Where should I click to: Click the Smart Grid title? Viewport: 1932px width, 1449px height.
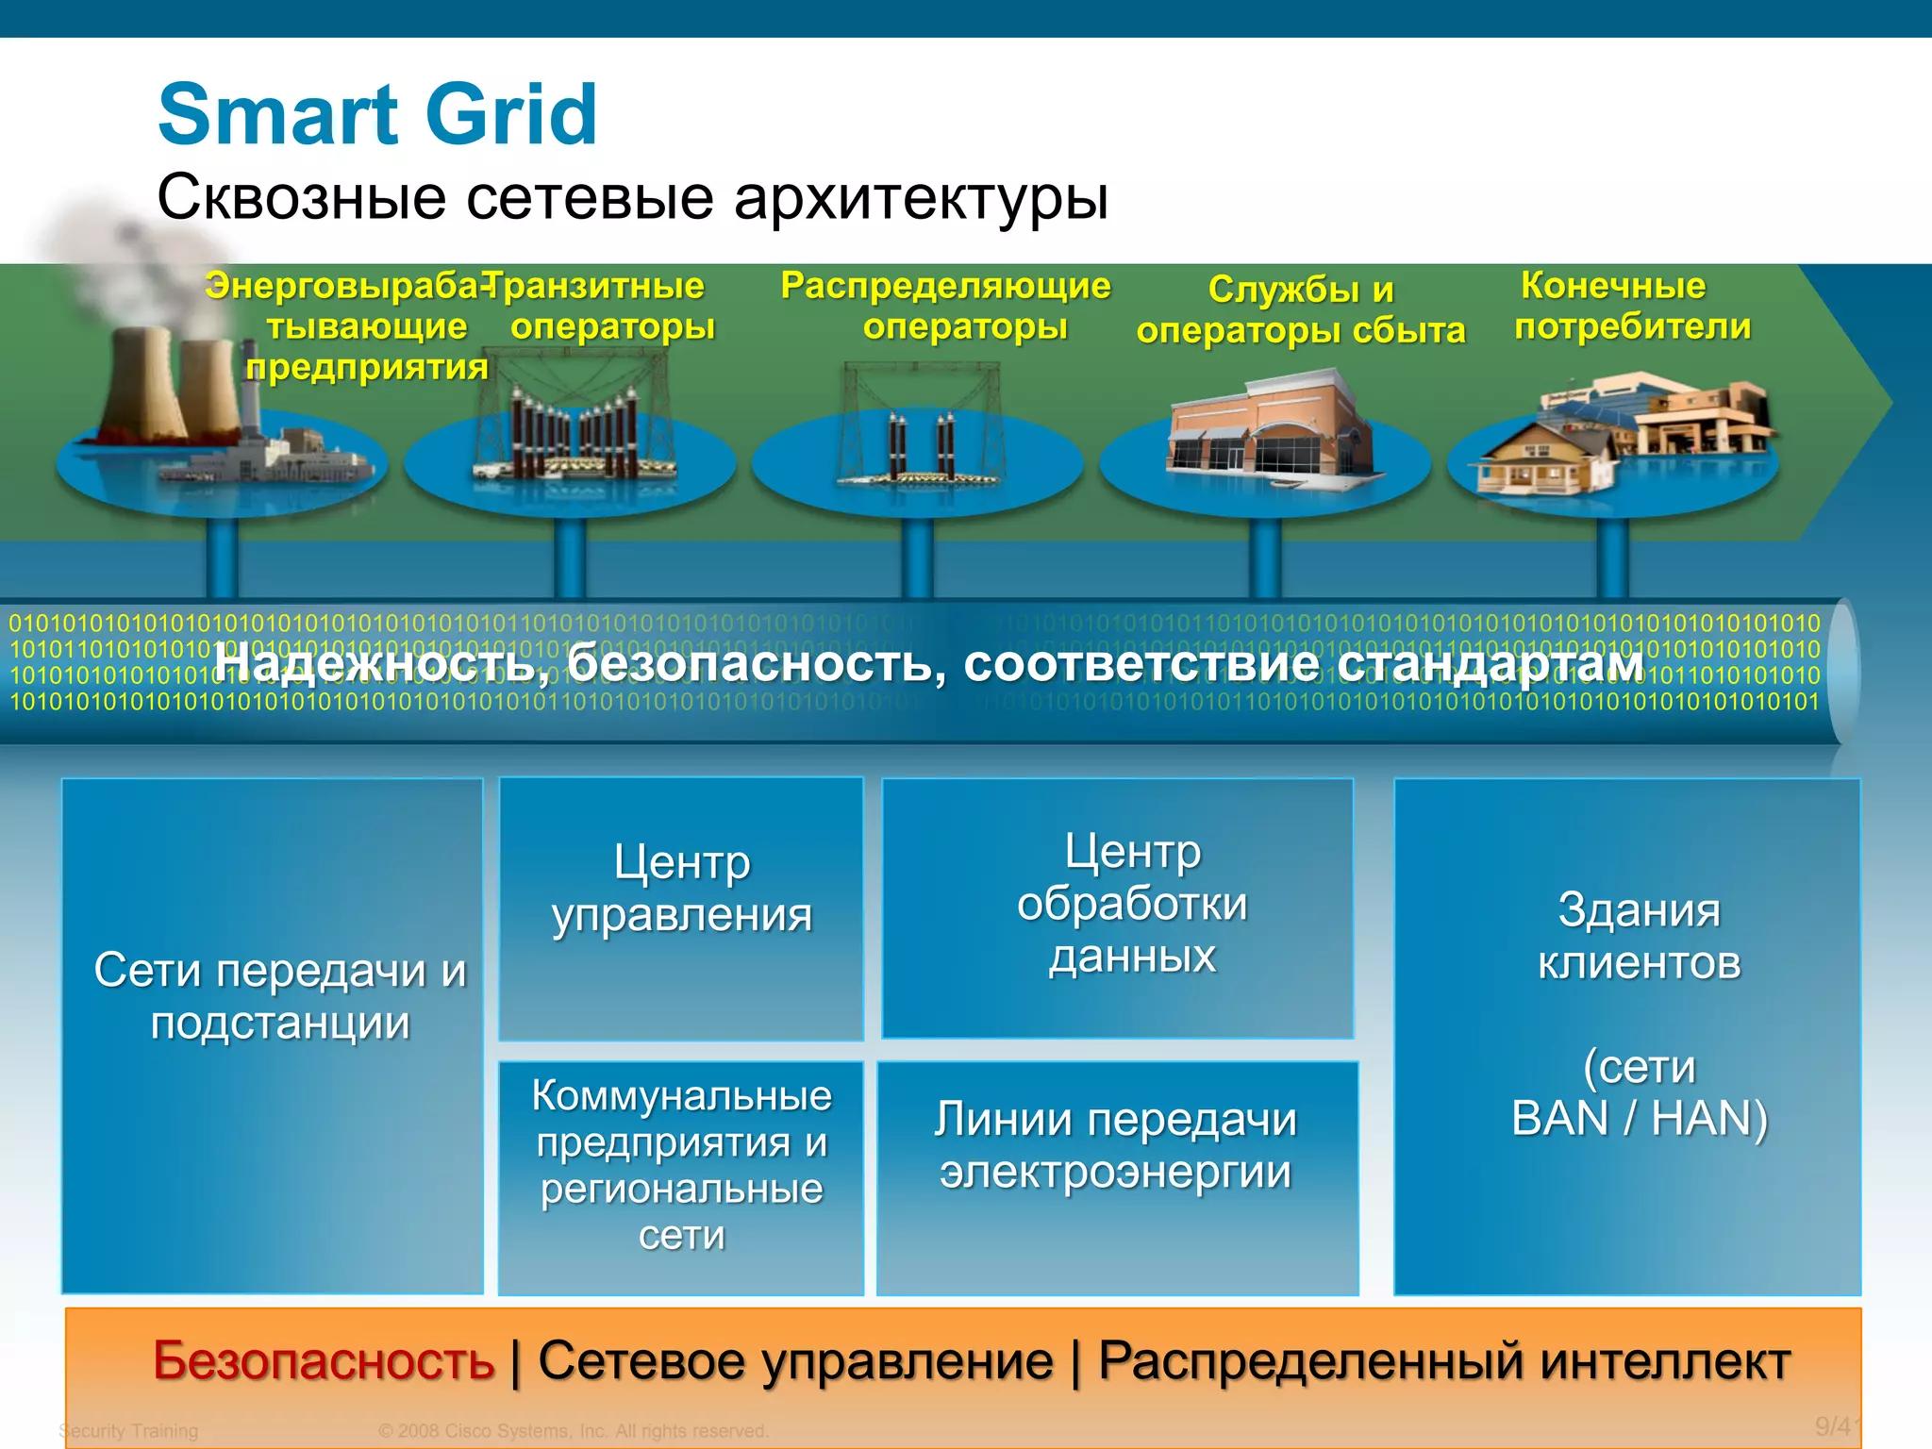point(377,115)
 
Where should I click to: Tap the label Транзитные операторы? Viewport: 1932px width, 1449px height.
point(604,306)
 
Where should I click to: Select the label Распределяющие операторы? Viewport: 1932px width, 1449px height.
point(946,306)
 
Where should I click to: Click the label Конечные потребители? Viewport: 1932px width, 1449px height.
point(1632,306)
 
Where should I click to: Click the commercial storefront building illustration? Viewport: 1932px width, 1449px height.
point(1264,429)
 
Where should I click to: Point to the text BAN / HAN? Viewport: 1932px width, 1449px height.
point(1639,1119)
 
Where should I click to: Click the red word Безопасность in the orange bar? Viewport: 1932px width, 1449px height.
point(324,1361)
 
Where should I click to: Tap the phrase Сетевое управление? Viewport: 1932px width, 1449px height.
point(794,1361)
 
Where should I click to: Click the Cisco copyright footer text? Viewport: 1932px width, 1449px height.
point(574,1431)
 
